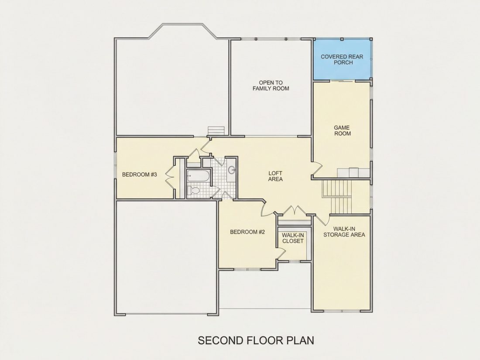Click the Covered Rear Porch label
342,59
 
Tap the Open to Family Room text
271,86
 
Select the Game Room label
342,130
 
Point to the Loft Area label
275,176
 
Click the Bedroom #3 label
140,175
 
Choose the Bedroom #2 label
247,232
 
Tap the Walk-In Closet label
293,238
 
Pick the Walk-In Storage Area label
344,232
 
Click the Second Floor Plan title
256,340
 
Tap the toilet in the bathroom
193,190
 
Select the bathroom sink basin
232,170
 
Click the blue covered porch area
342,59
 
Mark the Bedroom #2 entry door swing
264,209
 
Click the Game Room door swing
318,169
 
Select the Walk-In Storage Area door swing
322,219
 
